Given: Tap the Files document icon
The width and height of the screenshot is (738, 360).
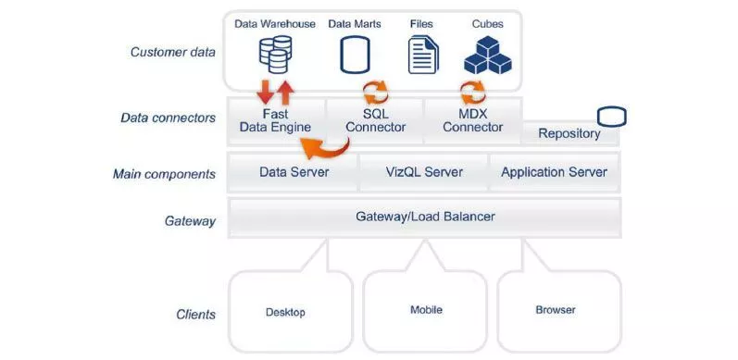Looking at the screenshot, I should [422, 55].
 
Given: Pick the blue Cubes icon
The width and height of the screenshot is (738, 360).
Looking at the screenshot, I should [488, 55].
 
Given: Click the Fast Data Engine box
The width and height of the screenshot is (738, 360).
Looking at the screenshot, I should [275, 120].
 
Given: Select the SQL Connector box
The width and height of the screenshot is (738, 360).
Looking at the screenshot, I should [375, 120].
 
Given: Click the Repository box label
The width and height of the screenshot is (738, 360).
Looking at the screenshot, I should [569, 133].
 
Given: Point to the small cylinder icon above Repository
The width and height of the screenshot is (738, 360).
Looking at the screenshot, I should [611, 117].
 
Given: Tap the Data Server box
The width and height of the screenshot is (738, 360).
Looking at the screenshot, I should [294, 171].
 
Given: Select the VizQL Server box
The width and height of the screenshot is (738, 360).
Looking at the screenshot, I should [424, 171].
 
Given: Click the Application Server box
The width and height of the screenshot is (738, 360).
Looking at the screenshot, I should [554, 171].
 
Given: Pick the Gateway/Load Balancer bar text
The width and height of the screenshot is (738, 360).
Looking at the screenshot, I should [425, 217].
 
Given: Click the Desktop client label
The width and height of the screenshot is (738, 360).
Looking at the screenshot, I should [284, 312].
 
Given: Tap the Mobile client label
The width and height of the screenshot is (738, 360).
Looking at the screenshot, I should [426, 310].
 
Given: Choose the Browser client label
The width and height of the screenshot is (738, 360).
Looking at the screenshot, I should [556, 310].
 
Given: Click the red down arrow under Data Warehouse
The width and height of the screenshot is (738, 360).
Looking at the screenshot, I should [264, 92].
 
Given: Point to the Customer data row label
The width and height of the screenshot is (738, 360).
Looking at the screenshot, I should [172, 52].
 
